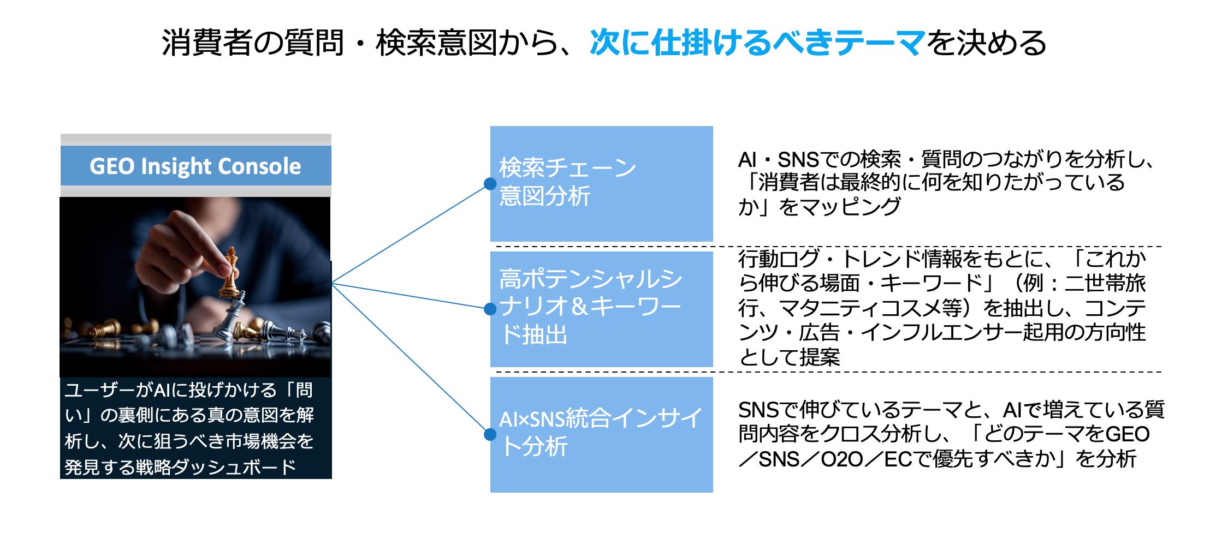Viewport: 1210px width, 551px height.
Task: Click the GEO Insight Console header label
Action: click(195, 166)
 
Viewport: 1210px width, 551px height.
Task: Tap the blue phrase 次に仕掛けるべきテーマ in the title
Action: click(757, 43)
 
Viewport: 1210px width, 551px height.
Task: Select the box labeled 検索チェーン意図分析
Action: click(601, 183)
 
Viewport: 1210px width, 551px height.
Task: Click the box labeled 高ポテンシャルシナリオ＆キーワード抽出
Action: click(601, 308)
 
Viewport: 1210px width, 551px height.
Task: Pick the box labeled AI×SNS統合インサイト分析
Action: click(601, 434)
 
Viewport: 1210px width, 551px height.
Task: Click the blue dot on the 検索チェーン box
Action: click(490, 184)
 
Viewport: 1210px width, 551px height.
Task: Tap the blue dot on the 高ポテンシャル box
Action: click(490, 309)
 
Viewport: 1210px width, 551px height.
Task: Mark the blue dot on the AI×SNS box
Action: click(490, 434)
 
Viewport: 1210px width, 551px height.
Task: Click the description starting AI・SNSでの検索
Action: click(945, 183)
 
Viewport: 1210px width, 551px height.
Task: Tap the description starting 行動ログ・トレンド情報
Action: click(942, 308)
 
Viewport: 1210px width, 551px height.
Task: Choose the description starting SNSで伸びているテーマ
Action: click(950, 434)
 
